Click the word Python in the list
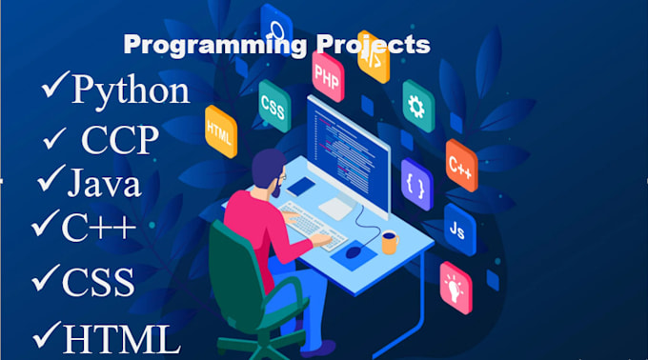coord(131,90)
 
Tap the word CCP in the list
coord(119,140)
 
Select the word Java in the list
coord(105,182)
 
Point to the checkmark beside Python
coord(54,88)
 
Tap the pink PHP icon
coord(327,71)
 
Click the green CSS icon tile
coord(273,100)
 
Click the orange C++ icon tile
coord(461,164)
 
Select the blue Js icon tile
coord(458,229)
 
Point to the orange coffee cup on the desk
coord(389,243)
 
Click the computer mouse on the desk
coord(354,252)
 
